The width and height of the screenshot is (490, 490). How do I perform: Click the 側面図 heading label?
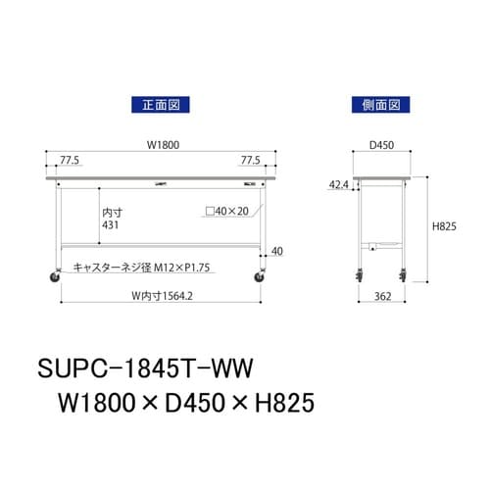point(378,102)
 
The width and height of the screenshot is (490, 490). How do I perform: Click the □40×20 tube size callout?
point(233,210)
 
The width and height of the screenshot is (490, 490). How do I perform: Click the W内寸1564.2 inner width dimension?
point(159,298)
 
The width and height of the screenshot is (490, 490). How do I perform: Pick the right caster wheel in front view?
point(260,279)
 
